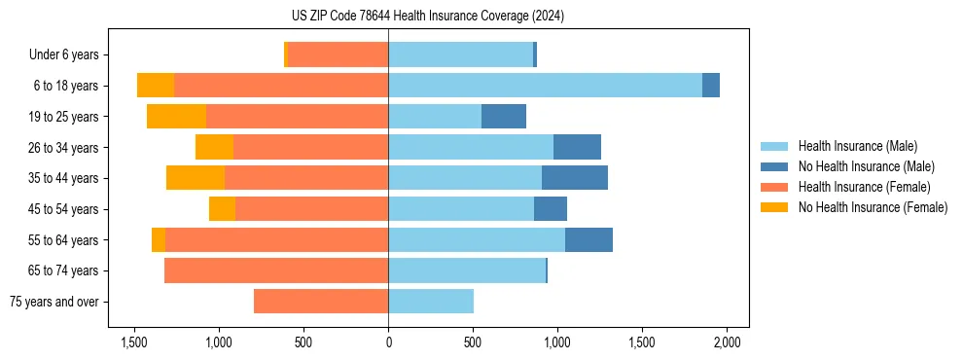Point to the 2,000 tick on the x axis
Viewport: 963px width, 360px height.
(727, 342)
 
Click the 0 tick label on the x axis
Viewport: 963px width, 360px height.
(388, 342)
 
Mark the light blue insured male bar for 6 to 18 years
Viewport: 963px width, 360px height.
(545, 86)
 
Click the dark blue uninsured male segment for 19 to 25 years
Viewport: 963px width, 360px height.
(504, 117)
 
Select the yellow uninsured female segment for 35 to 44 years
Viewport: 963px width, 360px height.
(196, 178)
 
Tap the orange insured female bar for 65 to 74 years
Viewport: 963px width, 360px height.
(276, 270)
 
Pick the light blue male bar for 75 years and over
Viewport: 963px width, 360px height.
(431, 302)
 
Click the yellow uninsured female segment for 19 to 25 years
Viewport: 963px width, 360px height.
(176, 117)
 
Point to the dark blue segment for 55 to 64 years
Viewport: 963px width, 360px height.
(588, 239)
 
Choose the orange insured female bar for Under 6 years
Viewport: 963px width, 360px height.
(338, 54)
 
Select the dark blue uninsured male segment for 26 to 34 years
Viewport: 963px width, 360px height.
(577, 147)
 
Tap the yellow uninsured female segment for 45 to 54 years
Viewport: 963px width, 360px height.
(222, 209)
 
